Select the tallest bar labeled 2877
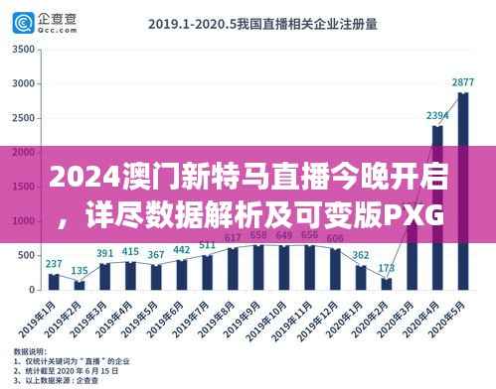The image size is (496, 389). tap(462, 189)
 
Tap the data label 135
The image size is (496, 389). tap(80, 270)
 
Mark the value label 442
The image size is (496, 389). tap(182, 249)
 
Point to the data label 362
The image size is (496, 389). tap(360, 255)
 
